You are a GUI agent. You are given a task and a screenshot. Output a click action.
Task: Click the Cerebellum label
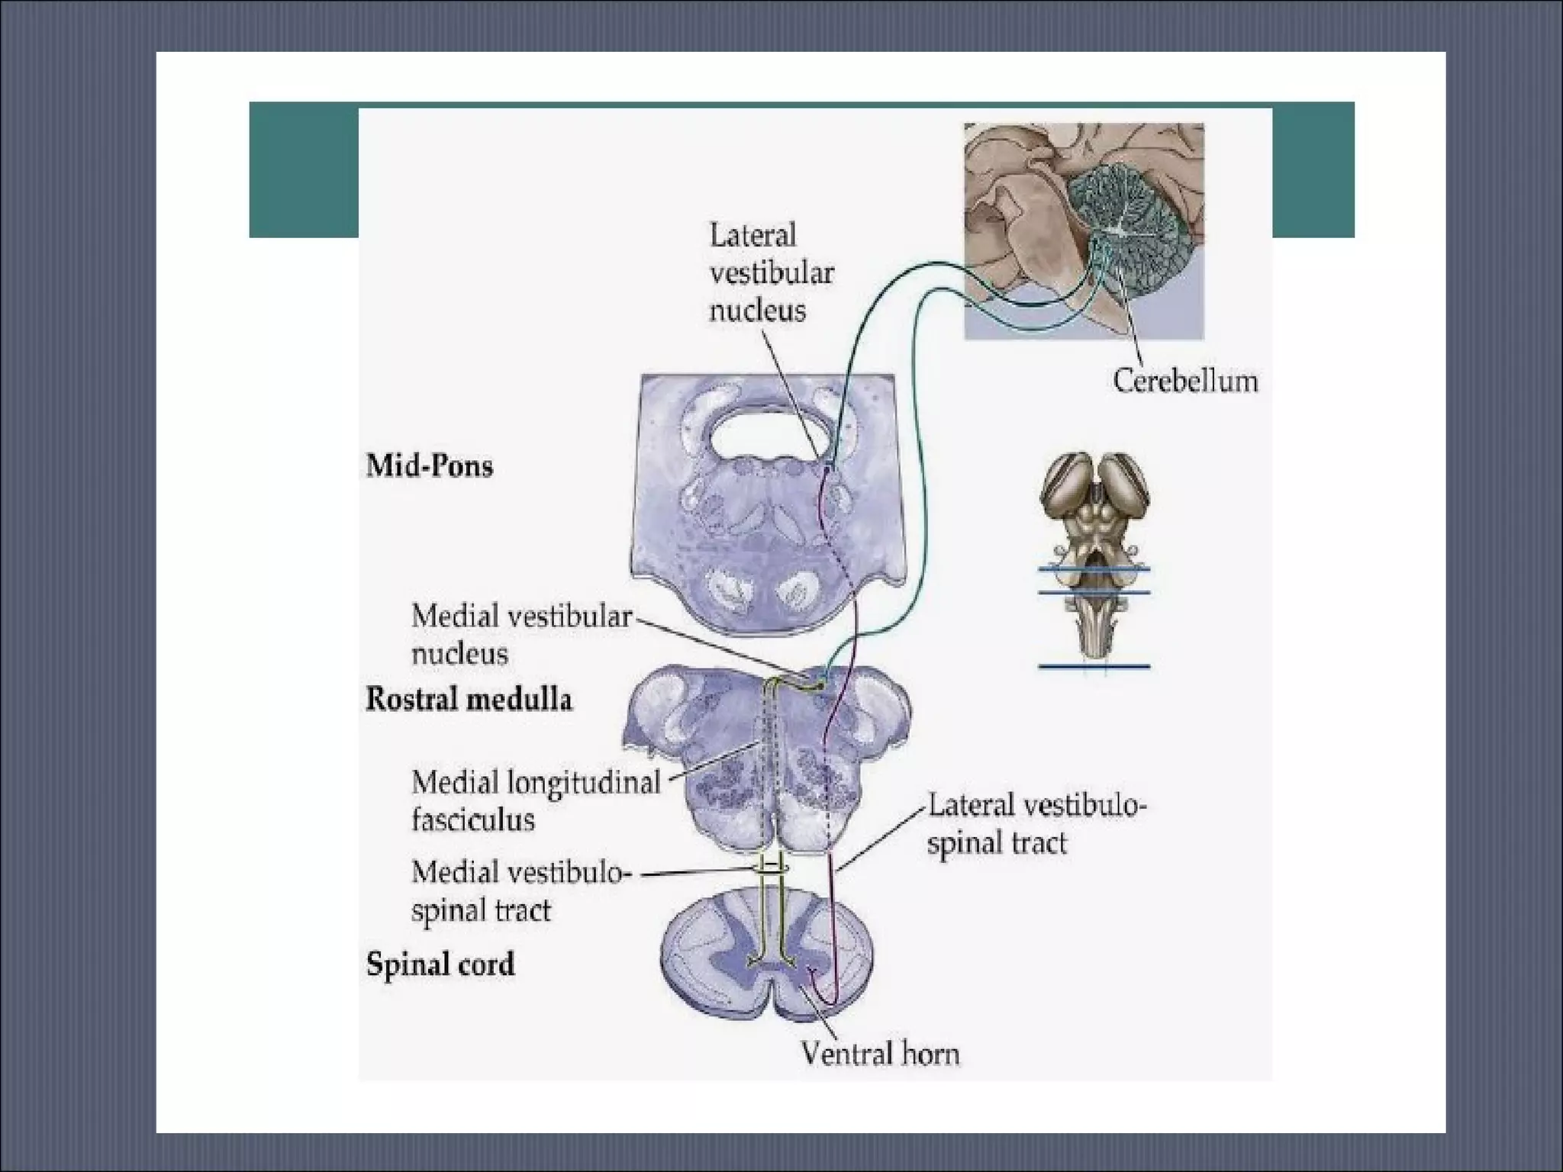(x=1184, y=381)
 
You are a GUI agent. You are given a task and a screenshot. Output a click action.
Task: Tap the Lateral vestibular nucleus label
(x=771, y=272)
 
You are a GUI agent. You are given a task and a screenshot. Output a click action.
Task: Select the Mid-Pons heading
(x=430, y=465)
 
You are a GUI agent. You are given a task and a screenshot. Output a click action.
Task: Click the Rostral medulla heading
(x=469, y=699)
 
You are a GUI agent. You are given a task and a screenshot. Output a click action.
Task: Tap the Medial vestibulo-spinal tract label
(x=518, y=891)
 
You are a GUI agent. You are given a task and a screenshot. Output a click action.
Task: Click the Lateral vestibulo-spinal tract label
(x=1036, y=825)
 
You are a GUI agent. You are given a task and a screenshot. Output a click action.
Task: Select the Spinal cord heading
(x=440, y=964)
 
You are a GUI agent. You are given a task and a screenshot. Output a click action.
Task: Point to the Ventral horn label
(x=880, y=1054)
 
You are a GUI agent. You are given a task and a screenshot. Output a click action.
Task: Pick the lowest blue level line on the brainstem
(x=1094, y=667)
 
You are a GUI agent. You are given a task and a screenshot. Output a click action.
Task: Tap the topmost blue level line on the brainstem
(x=1094, y=569)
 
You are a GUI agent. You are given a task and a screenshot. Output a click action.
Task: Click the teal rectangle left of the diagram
(x=304, y=169)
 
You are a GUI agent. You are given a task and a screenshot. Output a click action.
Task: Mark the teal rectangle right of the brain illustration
(x=1313, y=169)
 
